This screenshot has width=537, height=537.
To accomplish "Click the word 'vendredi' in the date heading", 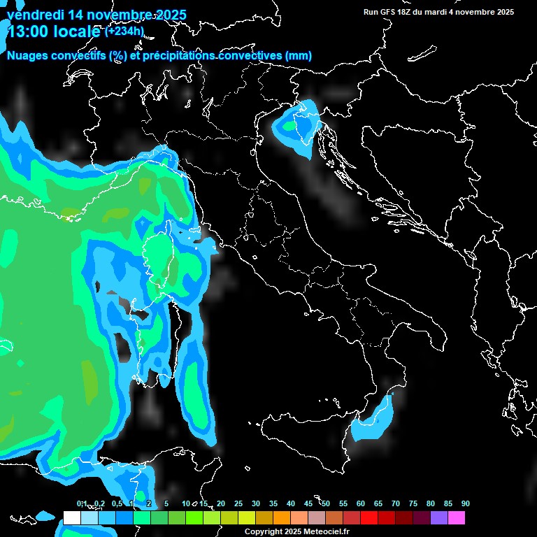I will click(32, 15).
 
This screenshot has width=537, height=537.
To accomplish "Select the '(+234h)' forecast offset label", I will click(124, 31).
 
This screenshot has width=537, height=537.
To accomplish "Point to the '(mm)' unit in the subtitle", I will click(299, 56).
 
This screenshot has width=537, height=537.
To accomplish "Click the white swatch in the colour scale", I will click(72, 518).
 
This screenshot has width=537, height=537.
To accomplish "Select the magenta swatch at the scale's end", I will click(457, 518).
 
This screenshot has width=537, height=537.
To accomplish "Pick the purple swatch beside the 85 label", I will click(439, 518).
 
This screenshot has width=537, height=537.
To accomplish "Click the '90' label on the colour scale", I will click(466, 504).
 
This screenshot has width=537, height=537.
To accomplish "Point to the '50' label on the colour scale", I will click(326, 504).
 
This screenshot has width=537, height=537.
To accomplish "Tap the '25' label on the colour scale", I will click(238, 504).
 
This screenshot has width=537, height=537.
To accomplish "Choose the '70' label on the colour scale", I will click(396, 504).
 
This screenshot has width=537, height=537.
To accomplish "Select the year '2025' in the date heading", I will click(166, 15).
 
